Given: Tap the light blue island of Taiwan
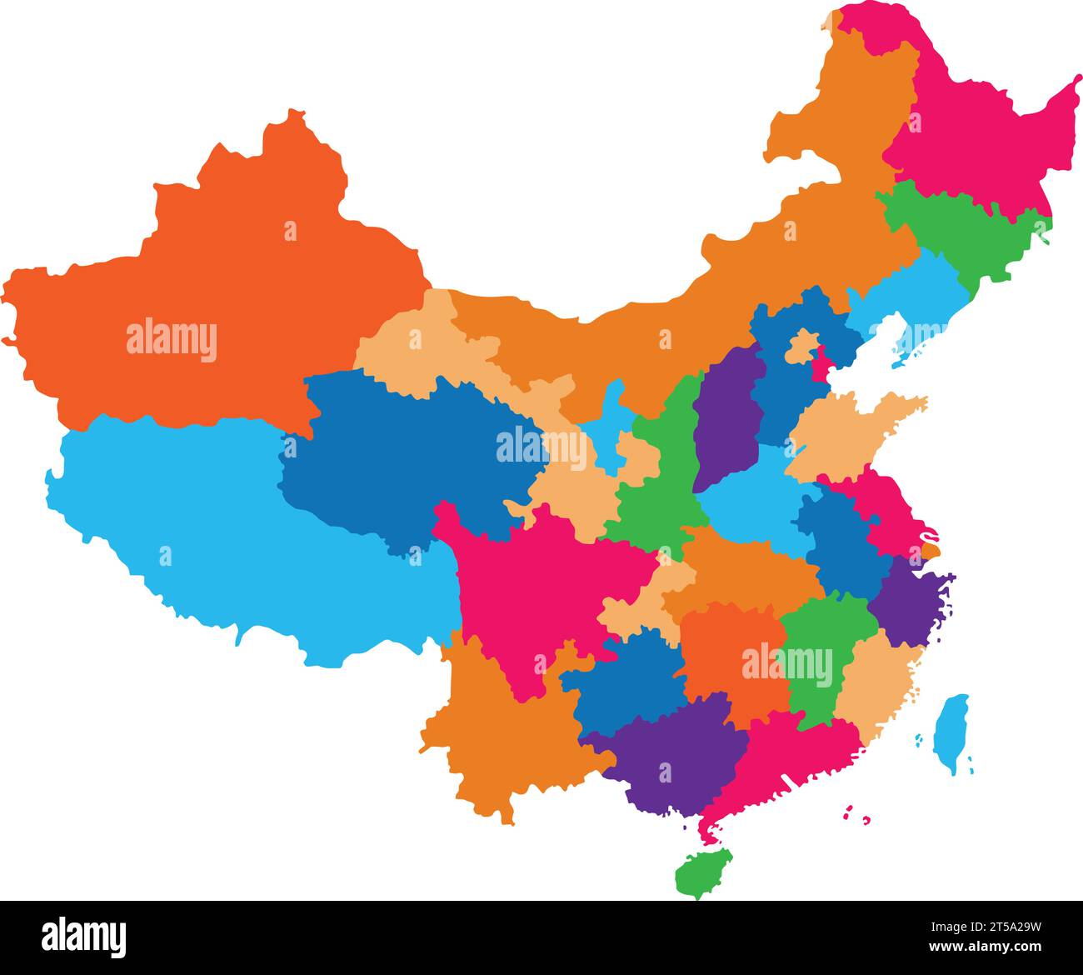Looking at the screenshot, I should click(951, 731).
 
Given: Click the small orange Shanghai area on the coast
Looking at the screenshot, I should click(930, 550).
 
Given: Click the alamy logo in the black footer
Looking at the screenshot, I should click(83, 937).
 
